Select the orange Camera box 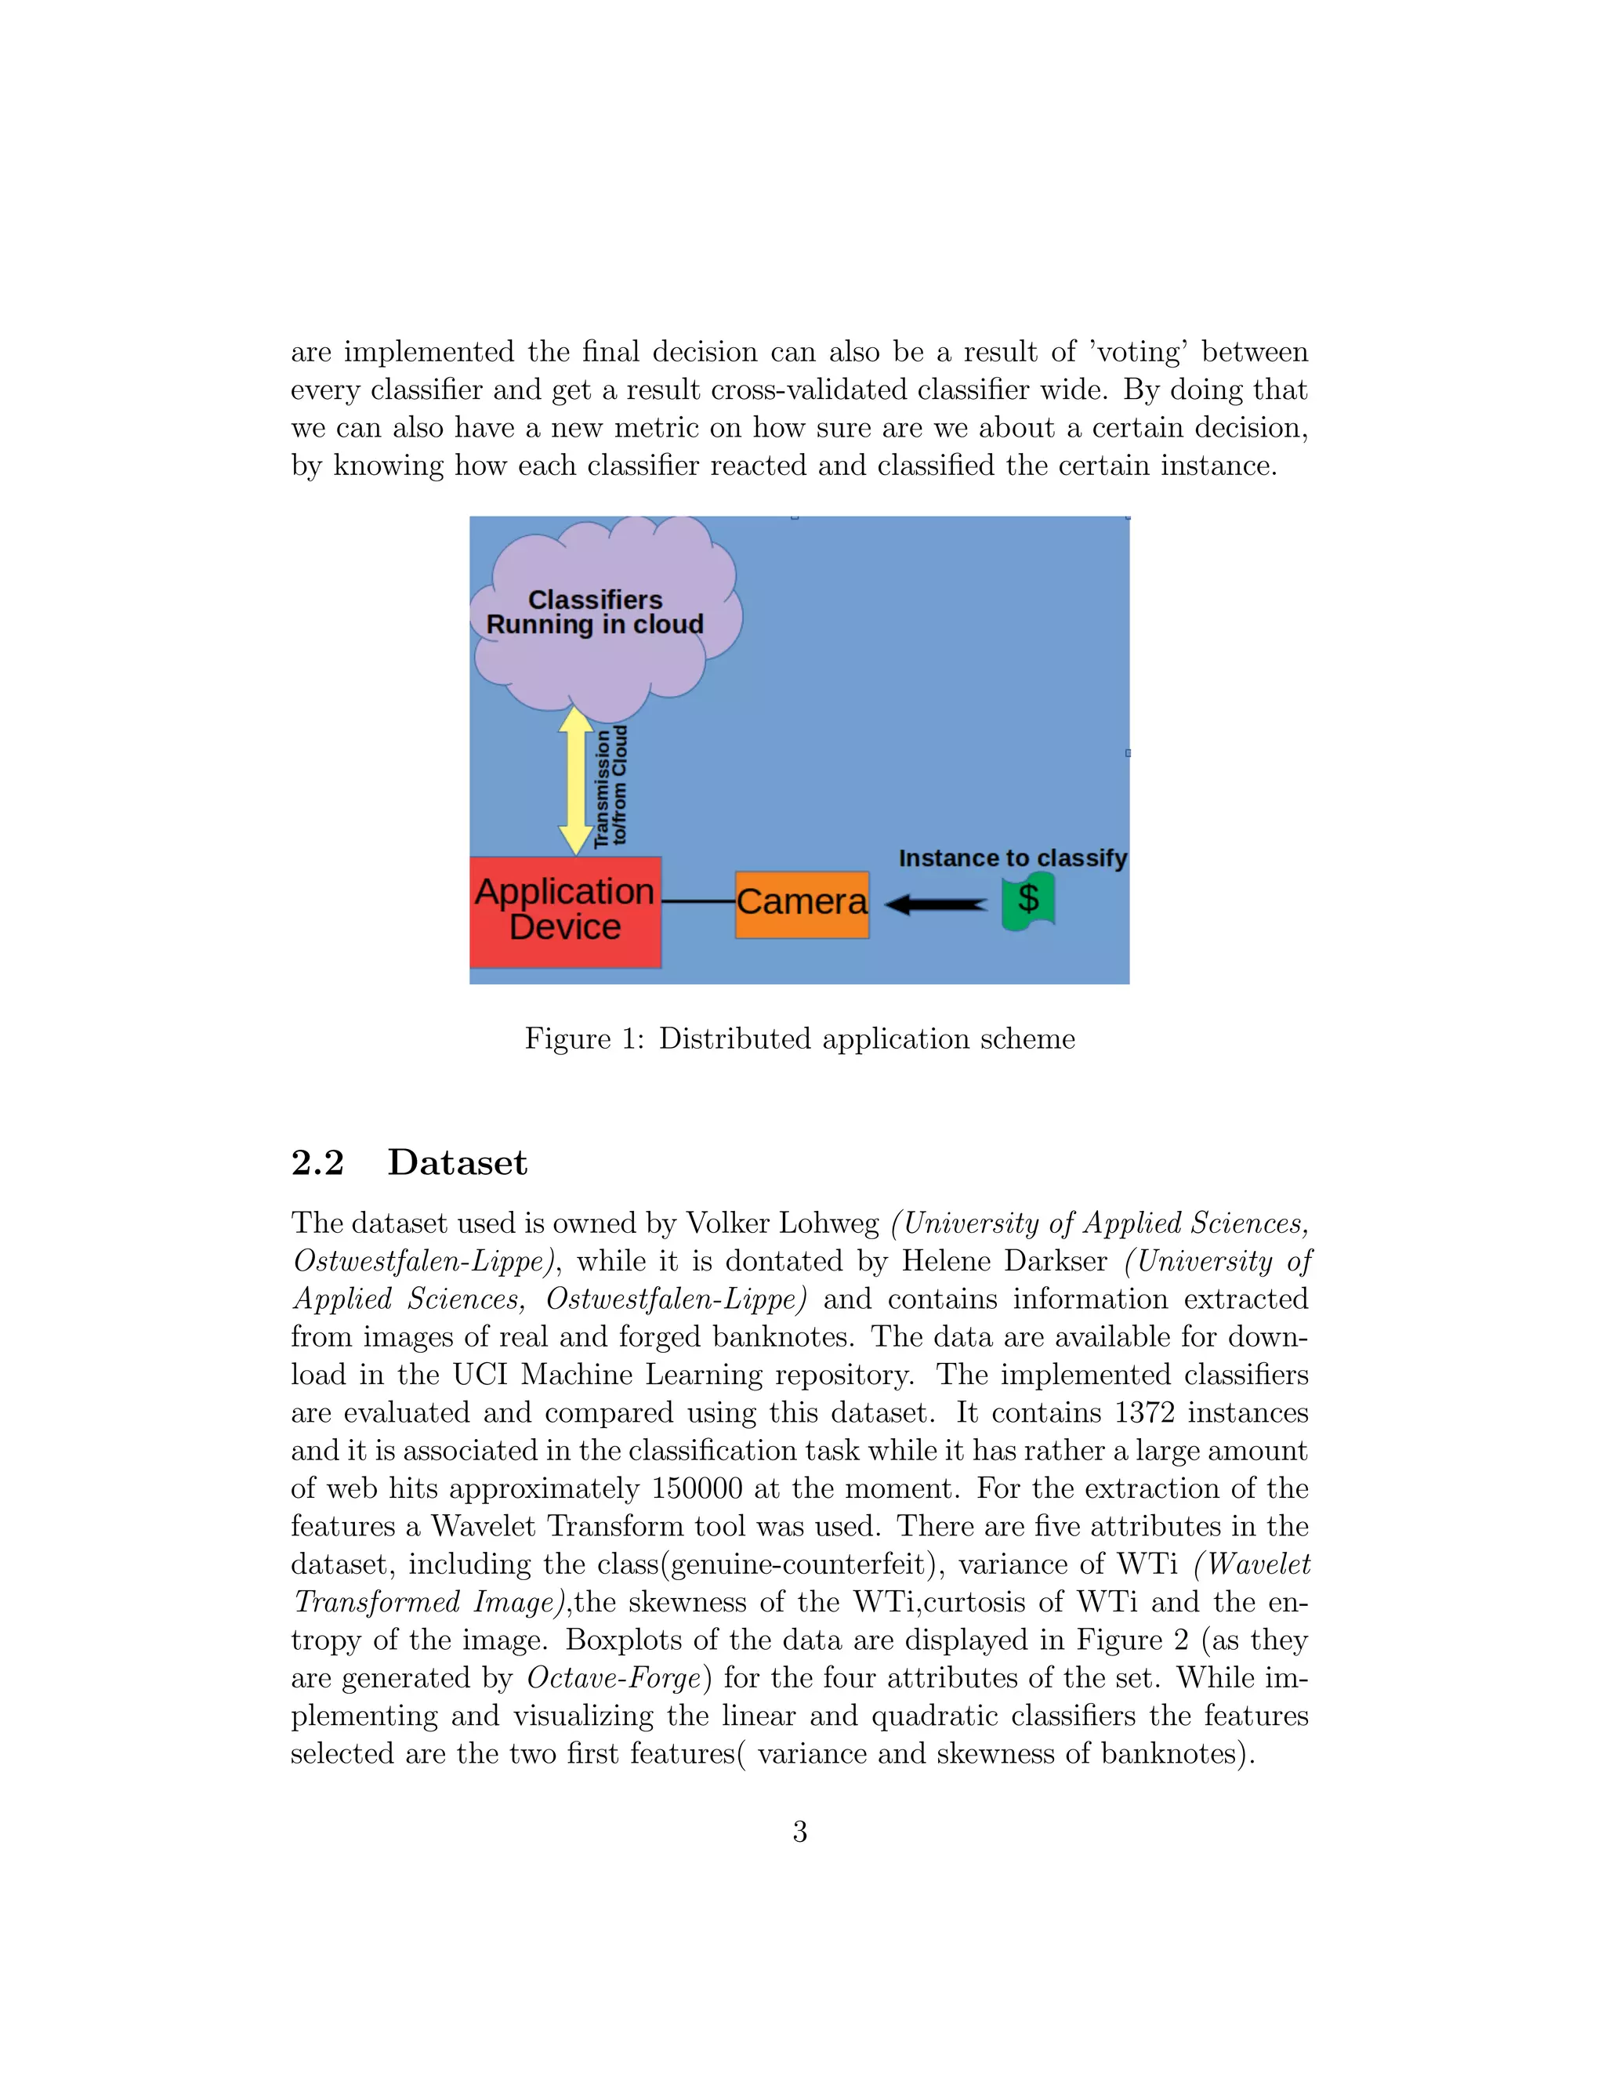click(x=802, y=904)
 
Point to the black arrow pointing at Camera click(x=937, y=904)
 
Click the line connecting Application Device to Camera click(x=698, y=901)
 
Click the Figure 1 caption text click(x=799, y=1038)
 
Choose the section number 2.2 click(x=317, y=1163)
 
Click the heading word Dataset click(x=458, y=1163)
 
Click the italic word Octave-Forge click(x=614, y=1677)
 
